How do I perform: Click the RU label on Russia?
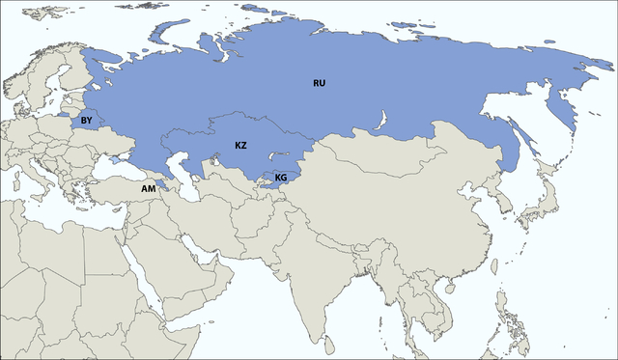[x=319, y=83]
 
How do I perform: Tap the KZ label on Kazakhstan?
[x=241, y=145]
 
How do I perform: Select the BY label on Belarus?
[x=86, y=121]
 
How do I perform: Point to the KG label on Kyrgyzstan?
[x=280, y=178]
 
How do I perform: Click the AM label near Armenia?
[x=148, y=188]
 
